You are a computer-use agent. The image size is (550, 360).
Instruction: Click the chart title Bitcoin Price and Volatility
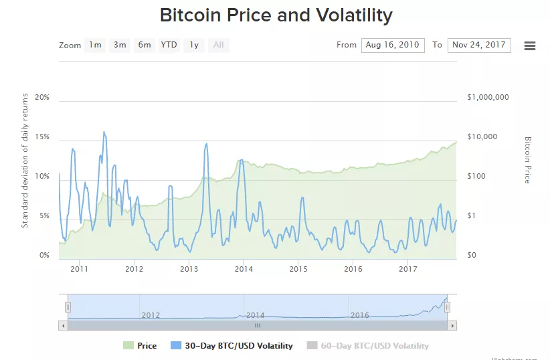pos(276,15)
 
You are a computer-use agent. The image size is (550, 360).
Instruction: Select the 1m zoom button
pos(95,45)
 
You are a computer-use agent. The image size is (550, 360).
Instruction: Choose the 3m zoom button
pos(120,45)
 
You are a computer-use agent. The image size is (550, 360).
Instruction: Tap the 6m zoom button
pos(144,45)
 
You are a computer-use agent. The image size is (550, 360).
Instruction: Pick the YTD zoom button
pos(169,45)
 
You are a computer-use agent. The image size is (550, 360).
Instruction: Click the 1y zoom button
pos(193,45)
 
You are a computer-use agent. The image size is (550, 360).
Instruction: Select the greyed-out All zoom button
pos(218,45)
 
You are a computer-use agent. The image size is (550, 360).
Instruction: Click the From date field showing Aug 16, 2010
pos(393,45)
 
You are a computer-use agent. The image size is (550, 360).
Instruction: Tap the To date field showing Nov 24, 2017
pos(479,45)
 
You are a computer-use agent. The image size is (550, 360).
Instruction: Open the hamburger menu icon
pos(530,46)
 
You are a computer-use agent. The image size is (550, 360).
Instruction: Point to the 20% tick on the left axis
pos(42,98)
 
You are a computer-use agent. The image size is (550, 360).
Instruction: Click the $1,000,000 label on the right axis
pos(488,98)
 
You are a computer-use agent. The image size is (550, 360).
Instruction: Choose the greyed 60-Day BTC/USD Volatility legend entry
pos(367,346)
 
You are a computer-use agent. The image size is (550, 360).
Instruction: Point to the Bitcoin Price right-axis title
pos(527,161)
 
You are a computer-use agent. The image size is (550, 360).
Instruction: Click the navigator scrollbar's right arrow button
pos(452,325)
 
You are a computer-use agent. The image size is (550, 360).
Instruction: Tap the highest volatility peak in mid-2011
pos(104,132)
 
